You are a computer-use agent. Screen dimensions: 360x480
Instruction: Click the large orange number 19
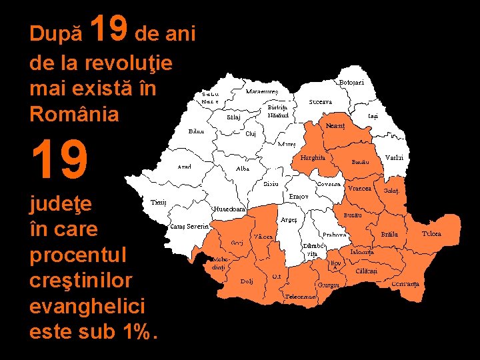click(59, 161)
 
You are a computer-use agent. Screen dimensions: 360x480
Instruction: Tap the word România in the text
click(75, 114)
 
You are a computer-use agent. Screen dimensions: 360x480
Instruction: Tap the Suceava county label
click(321, 102)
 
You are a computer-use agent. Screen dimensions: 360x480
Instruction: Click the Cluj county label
click(251, 133)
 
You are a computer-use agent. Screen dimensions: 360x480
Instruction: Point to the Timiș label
click(159, 201)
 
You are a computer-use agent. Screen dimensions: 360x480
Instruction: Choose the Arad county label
click(185, 167)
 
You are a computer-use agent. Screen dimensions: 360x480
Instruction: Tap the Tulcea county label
click(431, 234)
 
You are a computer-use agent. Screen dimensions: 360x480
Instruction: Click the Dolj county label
click(247, 281)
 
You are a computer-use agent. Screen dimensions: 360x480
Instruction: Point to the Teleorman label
click(300, 296)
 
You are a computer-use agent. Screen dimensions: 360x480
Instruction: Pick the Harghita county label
click(313, 158)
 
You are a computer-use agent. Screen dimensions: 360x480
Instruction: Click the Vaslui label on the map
click(394, 157)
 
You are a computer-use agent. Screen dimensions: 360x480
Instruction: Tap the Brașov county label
click(298, 197)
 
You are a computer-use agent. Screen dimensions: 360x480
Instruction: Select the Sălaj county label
click(233, 117)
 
